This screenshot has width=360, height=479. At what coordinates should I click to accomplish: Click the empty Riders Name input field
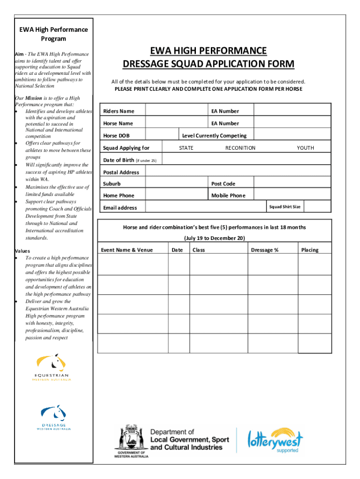(x=176, y=110)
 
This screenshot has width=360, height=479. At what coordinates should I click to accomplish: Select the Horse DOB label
(x=116, y=136)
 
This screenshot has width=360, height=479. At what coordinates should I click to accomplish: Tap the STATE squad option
(x=186, y=148)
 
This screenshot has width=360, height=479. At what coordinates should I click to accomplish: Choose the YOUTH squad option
(x=305, y=148)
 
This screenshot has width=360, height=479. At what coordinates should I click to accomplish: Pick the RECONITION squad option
(x=240, y=148)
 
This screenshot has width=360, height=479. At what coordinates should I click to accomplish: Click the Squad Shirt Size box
(x=284, y=207)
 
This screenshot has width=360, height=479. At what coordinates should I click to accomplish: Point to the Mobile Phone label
(x=228, y=196)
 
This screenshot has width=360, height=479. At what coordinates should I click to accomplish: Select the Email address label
(x=120, y=208)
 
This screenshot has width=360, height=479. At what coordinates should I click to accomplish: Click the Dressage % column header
(x=265, y=250)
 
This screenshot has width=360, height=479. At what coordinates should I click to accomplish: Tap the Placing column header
(x=310, y=250)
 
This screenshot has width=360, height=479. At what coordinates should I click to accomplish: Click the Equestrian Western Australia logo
(x=51, y=368)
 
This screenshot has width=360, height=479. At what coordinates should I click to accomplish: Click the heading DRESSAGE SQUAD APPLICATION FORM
(x=209, y=64)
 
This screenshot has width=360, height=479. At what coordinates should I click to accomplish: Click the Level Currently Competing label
(x=214, y=136)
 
